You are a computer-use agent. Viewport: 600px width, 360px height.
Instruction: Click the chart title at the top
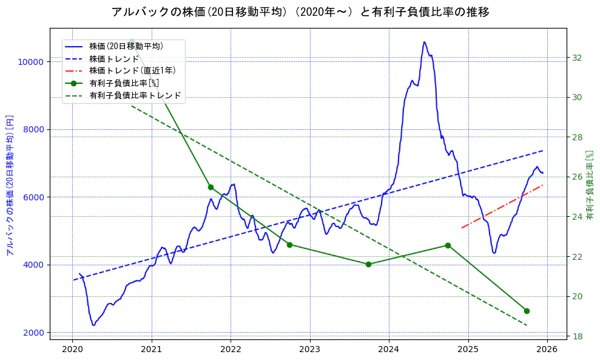(x=300, y=12)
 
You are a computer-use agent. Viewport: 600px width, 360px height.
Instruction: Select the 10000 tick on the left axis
(x=30, y=62)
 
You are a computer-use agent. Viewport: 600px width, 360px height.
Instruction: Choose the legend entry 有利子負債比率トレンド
(x=135, y=95)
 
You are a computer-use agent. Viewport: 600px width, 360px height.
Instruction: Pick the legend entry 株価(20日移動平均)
(x=126, y=46)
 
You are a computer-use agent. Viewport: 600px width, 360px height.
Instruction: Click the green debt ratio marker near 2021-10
(x=211, y=187)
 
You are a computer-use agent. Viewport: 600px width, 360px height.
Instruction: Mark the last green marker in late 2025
(x=527, y=311)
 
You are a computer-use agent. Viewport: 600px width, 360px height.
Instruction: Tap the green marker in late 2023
(x=368, y=264)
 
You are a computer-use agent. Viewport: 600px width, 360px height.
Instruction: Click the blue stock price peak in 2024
(x=424, y=42)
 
